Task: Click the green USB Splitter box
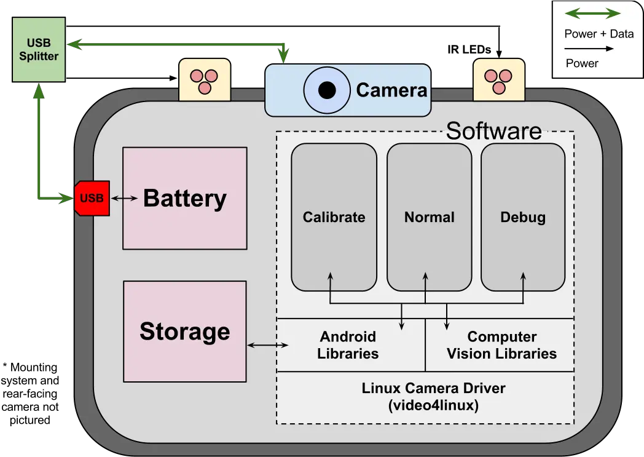pyautogui.click(x=38, y=50)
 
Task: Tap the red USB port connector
pyautogui.click(x=92, y=198)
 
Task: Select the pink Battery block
pyautogui.click(x=185, y=198)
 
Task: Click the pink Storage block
pyautogui.click(x=184, y=331)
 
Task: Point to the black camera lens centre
pyautogui.click(x=327, y=90)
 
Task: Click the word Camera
pyautogui.click(x=391, y=90)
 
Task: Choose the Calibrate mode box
pyautogui.click(x=334, y=217)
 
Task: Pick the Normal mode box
pyautogui.click(x=429, y=217)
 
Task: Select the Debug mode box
pyautogui.click(x=522, y=217)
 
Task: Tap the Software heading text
pyautogui.click(x=493, y=131)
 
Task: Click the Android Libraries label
pyautogui.click(x=348, y=345)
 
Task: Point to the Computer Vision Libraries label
pyautogui.click(x=501, y=345)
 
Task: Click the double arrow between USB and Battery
pyautogui.click(x=125, y=198)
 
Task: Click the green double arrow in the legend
pyautogui.click(x=592, y=14)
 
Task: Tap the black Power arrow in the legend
pyautogui.click(x=590, y=49)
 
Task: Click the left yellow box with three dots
pyautogui.click(x=204, y=80)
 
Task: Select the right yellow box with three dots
pyautogui.click(x=499, y=80)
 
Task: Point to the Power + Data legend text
pyautogui.click(x=599, y=34)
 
